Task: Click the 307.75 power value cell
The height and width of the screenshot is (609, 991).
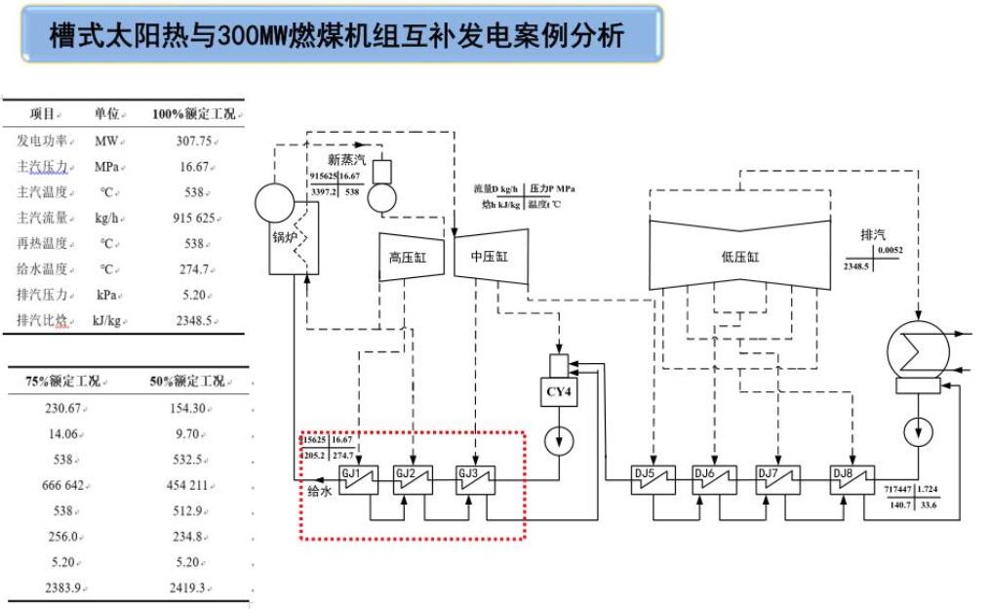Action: point(191,141)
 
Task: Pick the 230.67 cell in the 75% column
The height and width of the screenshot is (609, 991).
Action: point(63,407)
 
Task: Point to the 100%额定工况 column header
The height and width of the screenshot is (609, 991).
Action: point(193,115)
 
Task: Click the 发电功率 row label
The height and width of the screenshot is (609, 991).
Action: point(41,141)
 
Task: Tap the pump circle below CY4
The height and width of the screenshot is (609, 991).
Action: point(559,441)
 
